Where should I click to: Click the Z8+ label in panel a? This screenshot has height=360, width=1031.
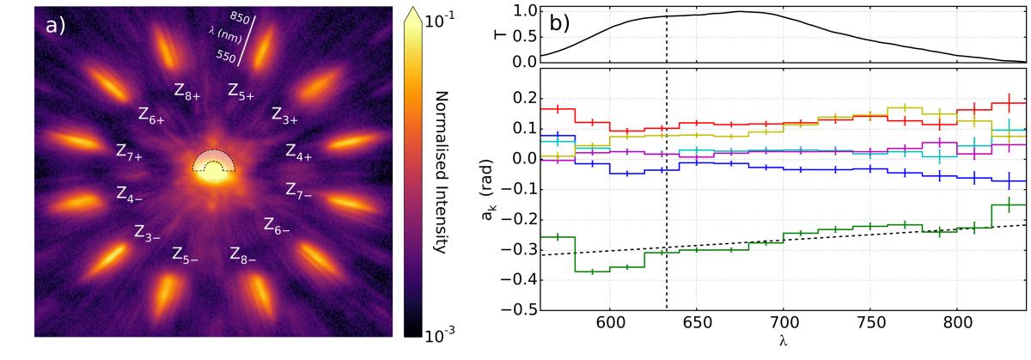pyautogui.click(x=187, y=92)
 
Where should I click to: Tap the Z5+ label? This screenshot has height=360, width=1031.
pyautogui.click(x=241, y=92)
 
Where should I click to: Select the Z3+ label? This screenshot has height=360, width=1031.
pyautogui.click(x=285, y=114)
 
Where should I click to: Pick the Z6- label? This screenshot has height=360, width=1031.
pyautogui.click(x=277, y=227)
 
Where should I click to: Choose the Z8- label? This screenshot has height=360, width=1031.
pyautogui.click(x=243, y=254)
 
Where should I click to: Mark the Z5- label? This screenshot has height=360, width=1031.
pyautogui.click(x=186, y=255)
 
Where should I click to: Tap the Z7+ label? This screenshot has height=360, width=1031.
pyautogui.click(x=130, y=152)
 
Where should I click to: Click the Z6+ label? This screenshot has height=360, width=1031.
pyautogui.click(x=151, y=114)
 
